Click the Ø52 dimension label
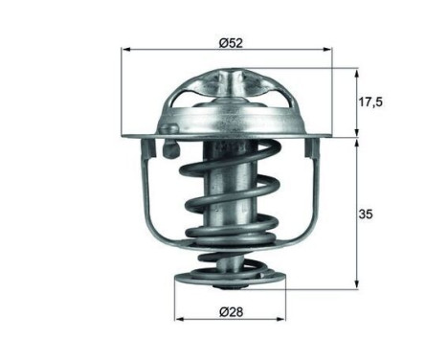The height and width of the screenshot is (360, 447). click(231, 42)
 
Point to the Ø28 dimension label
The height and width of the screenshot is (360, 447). click(230, 311)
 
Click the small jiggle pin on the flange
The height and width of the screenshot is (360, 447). click(169, 148)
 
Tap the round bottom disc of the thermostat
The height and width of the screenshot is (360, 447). click(231, 279)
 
